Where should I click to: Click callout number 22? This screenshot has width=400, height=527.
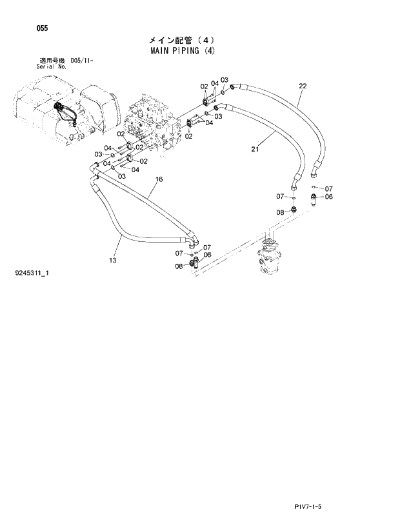tap(303, 86)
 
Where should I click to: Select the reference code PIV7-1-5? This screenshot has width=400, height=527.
tap(305, 508)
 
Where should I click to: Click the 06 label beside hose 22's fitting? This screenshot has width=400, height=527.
tap(328, 197)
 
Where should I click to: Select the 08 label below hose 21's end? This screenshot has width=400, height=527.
tap(280, 212)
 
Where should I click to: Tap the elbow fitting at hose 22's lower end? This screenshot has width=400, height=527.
tap(315, 171)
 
